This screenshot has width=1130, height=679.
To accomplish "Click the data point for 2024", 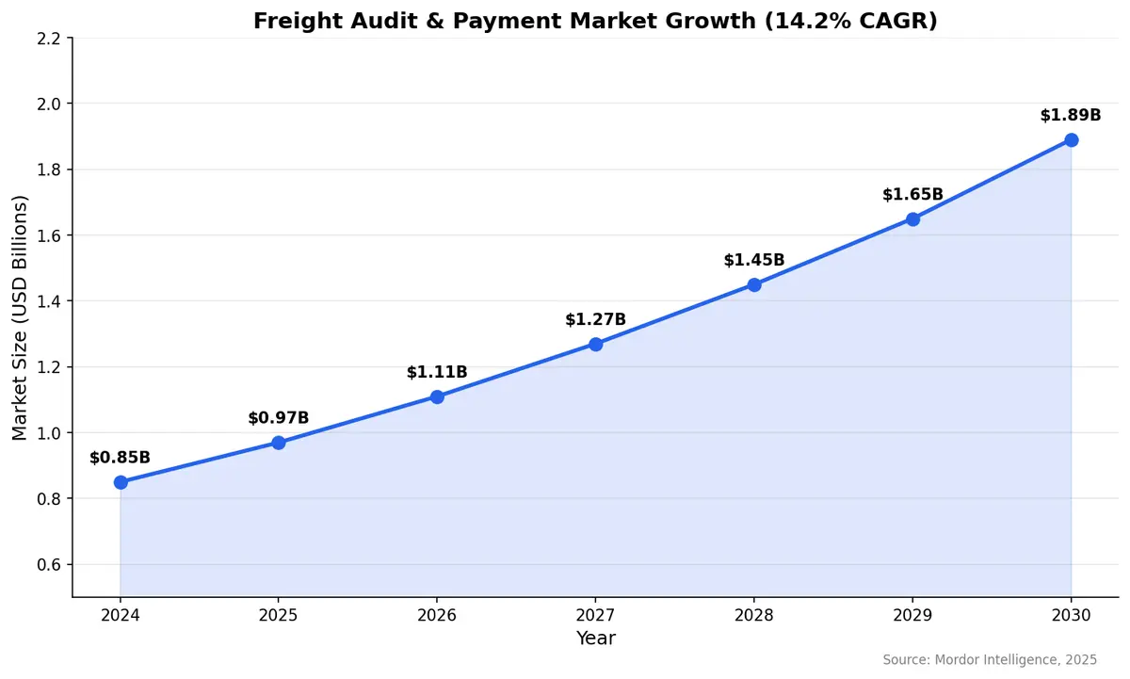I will click(121, 482).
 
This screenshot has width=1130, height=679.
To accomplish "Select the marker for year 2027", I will click(596, 344).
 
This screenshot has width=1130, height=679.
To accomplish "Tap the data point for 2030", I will click(1071, 140).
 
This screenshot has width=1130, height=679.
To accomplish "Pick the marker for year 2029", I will click(912, 219).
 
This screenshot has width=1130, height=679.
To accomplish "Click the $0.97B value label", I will click(279, 418).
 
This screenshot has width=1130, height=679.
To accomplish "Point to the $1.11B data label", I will click(437, 372).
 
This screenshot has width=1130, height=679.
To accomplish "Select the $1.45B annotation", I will click(754, 260).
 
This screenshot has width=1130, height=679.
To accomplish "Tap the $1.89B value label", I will click(1071, 115).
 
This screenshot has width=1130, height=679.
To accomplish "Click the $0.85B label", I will click(121, 458).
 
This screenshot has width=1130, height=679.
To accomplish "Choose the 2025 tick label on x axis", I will click(279, 616).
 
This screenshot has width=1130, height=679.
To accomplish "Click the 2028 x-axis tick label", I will click(754, 616).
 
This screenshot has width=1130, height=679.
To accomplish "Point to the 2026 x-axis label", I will click(437, 616).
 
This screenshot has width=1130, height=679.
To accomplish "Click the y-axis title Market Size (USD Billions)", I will click(21, 317).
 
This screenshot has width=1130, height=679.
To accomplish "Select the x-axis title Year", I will click(596, 639).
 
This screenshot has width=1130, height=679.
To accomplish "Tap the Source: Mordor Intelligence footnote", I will click(988, 660).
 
